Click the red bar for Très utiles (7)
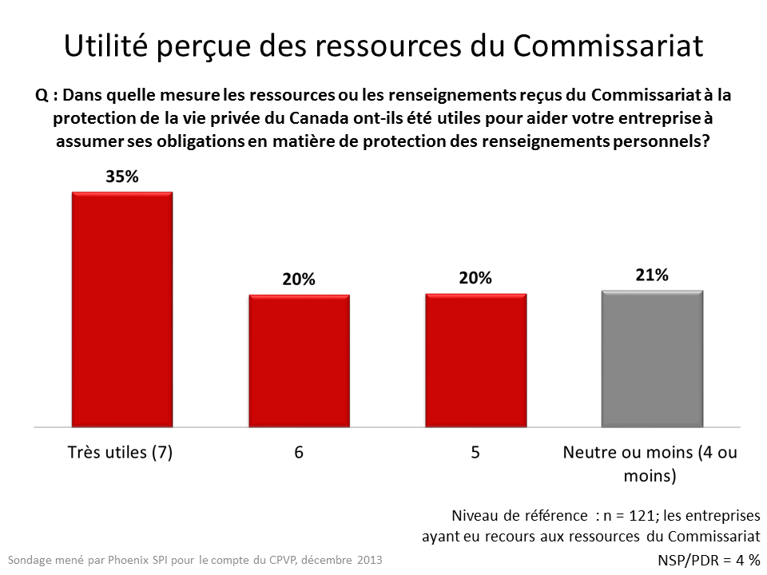tap(122, 310)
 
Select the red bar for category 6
tap(299, 361)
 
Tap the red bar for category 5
tap(475, 361)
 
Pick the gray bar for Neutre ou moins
tap(651, 359)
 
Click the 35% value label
tap(122, 177)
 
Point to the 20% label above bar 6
tap(299, 280)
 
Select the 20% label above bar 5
tap(475, 278)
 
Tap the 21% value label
tap(651, 275)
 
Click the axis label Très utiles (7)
tap(119, 452)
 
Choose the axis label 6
tap(299, 452)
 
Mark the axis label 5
tap(475, 452)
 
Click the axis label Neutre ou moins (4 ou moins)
tap(650, 464)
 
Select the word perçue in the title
tap(204, 47)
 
